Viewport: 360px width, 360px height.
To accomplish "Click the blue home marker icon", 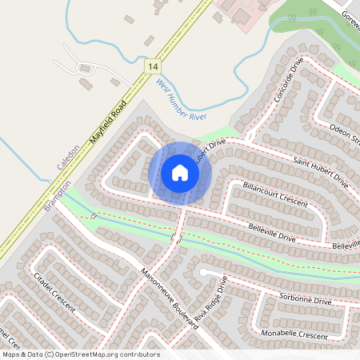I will (x=180, y=172).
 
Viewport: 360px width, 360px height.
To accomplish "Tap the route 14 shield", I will (x=152, y=67).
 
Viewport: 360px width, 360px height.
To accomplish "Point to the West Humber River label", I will (x=176, y=99).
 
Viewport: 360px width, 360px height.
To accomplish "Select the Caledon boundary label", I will (x=68, y=157).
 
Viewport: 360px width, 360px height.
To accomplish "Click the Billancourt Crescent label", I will (x=274, y=194).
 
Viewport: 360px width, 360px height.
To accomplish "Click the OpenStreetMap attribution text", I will (x=81, y=354).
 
